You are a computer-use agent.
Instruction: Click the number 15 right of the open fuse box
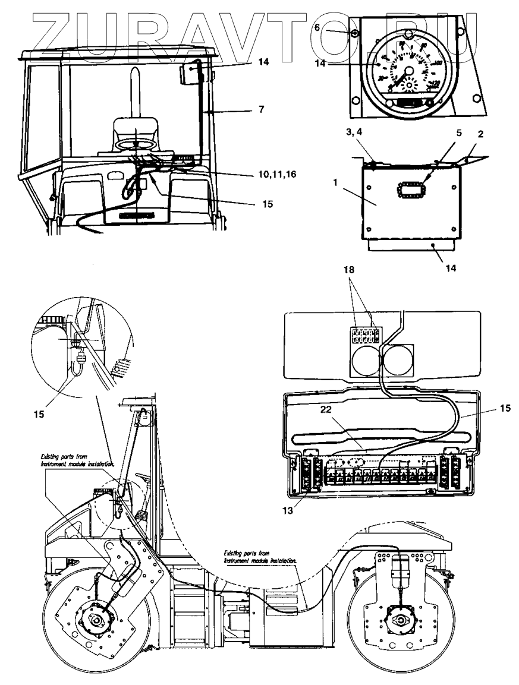pyautogui.click(x=504, y=409)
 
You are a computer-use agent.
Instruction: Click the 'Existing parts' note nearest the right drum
pyautogui.click(x=260, y=557)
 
